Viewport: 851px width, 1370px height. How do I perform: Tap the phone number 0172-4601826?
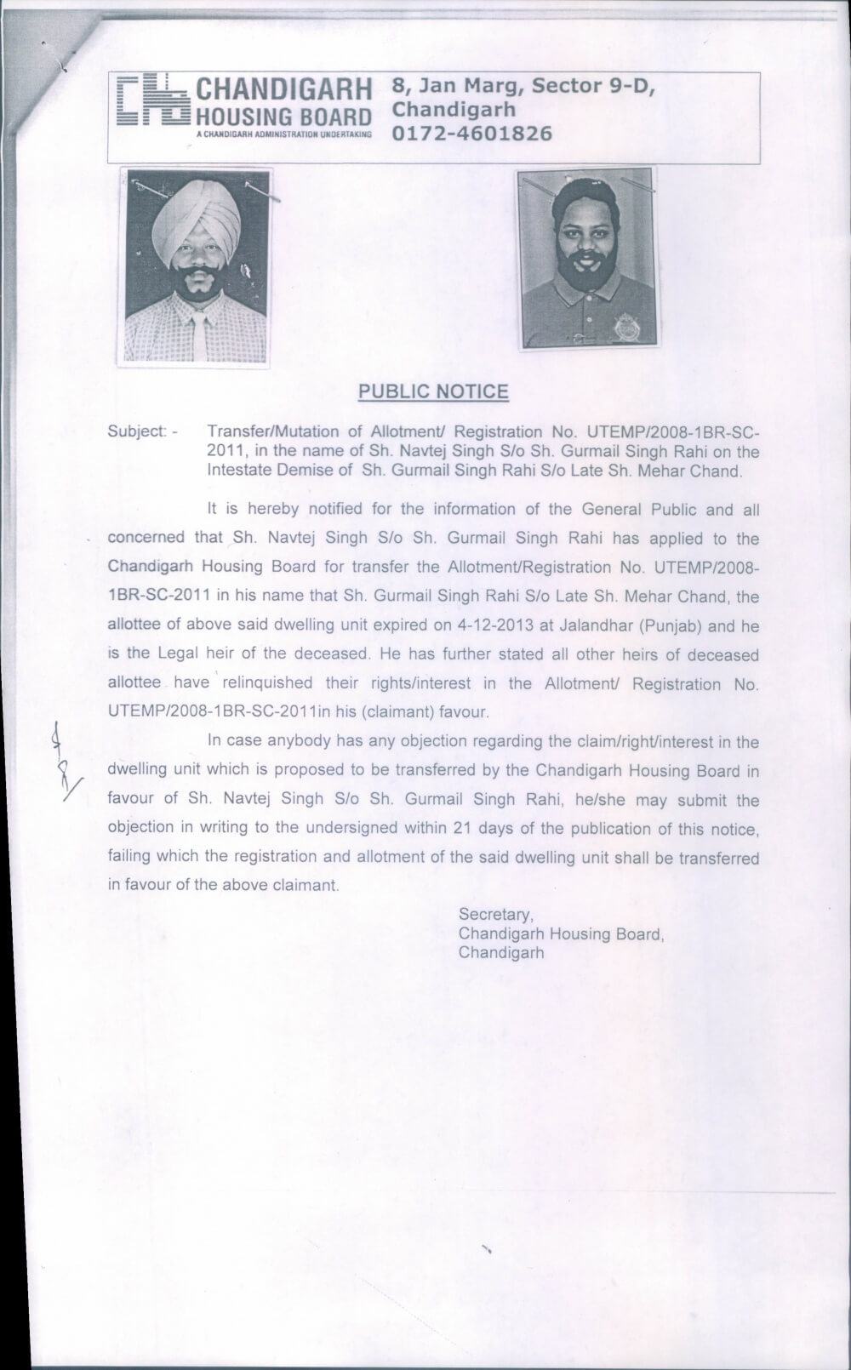point(472,134)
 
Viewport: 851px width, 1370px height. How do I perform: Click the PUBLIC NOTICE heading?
point(433,391)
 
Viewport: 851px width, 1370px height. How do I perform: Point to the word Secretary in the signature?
point(495,914)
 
